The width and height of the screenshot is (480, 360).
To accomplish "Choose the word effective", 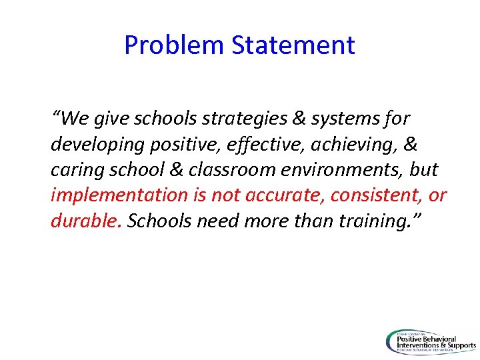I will click(x=243, y=145).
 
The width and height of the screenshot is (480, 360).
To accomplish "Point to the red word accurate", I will click(x=279, y=195).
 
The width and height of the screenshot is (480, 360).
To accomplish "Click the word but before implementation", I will click(x=424, y=170).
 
